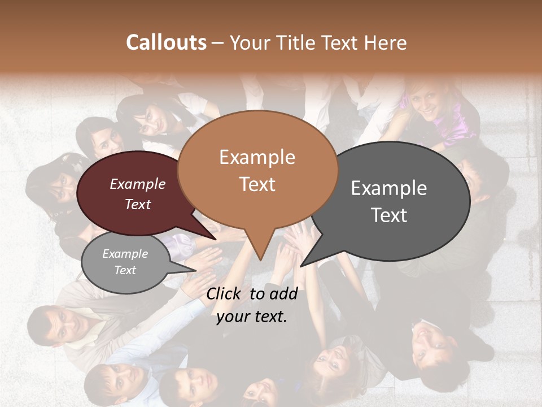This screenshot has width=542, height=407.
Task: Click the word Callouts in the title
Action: pos(166,42)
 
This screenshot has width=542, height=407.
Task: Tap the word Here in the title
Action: pos(386,42)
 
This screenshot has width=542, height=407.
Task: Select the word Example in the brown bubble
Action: pos(257,157)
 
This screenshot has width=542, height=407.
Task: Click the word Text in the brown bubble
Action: pos(257,184)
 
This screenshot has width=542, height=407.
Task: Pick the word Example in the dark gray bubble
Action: pos(389,188)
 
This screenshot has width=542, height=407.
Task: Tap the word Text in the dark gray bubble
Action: pos(389,215)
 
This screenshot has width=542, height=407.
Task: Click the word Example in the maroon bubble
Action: pos(138,184)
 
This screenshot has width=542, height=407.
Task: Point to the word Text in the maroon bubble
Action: pos(138,204)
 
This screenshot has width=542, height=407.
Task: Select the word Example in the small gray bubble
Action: pos(125,254)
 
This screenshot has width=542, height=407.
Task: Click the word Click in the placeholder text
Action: pos(225,293)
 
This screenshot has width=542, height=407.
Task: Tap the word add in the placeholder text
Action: pos(284,293)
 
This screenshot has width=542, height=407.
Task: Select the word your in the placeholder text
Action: pos(232,317)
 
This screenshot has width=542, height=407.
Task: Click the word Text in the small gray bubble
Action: pos(125,270)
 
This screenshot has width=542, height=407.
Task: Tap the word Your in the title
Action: pos(248,42)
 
